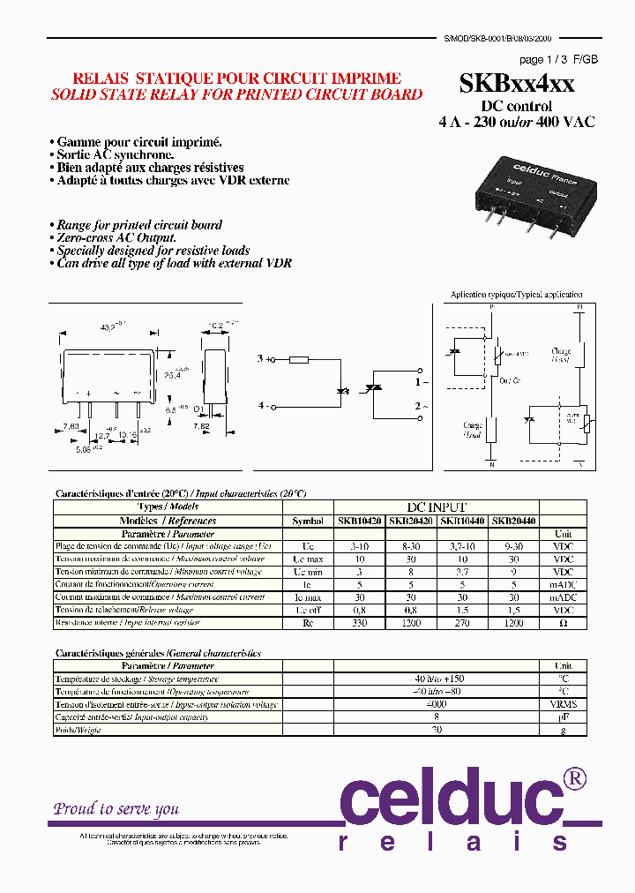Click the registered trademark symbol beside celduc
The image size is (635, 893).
tap(575, 777)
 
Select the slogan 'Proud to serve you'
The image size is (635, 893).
tap(116, 808)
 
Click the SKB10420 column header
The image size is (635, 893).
tap(360, 521)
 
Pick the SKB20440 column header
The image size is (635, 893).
tap(513, 521)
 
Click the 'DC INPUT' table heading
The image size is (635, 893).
tap(437, 507)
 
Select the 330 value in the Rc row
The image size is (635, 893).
tap(360, 623)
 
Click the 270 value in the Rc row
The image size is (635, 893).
tap(462, 623)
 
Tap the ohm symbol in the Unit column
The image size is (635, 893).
tap(563, 623)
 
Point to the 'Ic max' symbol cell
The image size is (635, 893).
tap(307, 597)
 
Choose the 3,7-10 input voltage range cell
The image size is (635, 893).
tap(462, 546)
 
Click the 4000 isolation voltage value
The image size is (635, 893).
tap(437, 704)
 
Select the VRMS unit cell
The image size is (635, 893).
tap(563, 704)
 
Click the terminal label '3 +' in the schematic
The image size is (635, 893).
tap(261, 359)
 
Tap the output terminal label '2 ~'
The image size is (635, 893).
tap(422, 406)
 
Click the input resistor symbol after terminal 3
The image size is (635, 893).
tap(298, 359)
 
